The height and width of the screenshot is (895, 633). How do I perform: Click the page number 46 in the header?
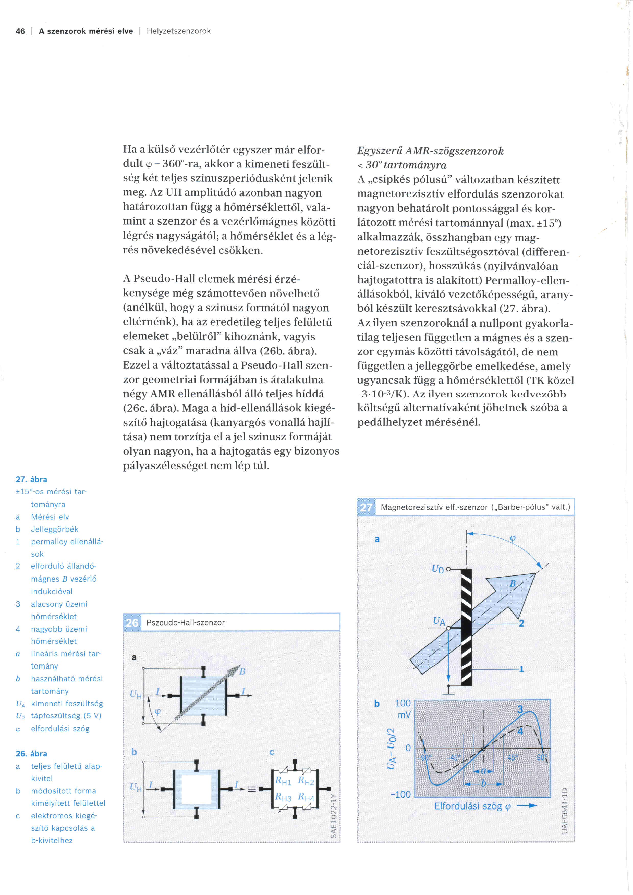click(20, 31)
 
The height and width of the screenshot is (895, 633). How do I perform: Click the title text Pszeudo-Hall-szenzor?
click(186, 622)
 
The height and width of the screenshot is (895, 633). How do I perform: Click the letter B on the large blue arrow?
click(513, 584)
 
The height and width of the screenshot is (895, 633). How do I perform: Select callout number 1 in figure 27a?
click(521, 669)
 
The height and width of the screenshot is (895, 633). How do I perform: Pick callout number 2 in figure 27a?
click(521, 623)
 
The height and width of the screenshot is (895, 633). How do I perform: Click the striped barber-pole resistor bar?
click(466, 628)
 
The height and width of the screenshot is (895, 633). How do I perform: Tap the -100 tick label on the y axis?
click(401, 794)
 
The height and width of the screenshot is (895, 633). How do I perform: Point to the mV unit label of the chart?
click(404, 715)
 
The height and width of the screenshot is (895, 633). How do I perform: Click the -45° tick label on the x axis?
click(453, 758)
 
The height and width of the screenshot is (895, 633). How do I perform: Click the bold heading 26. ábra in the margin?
click(31, 754)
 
